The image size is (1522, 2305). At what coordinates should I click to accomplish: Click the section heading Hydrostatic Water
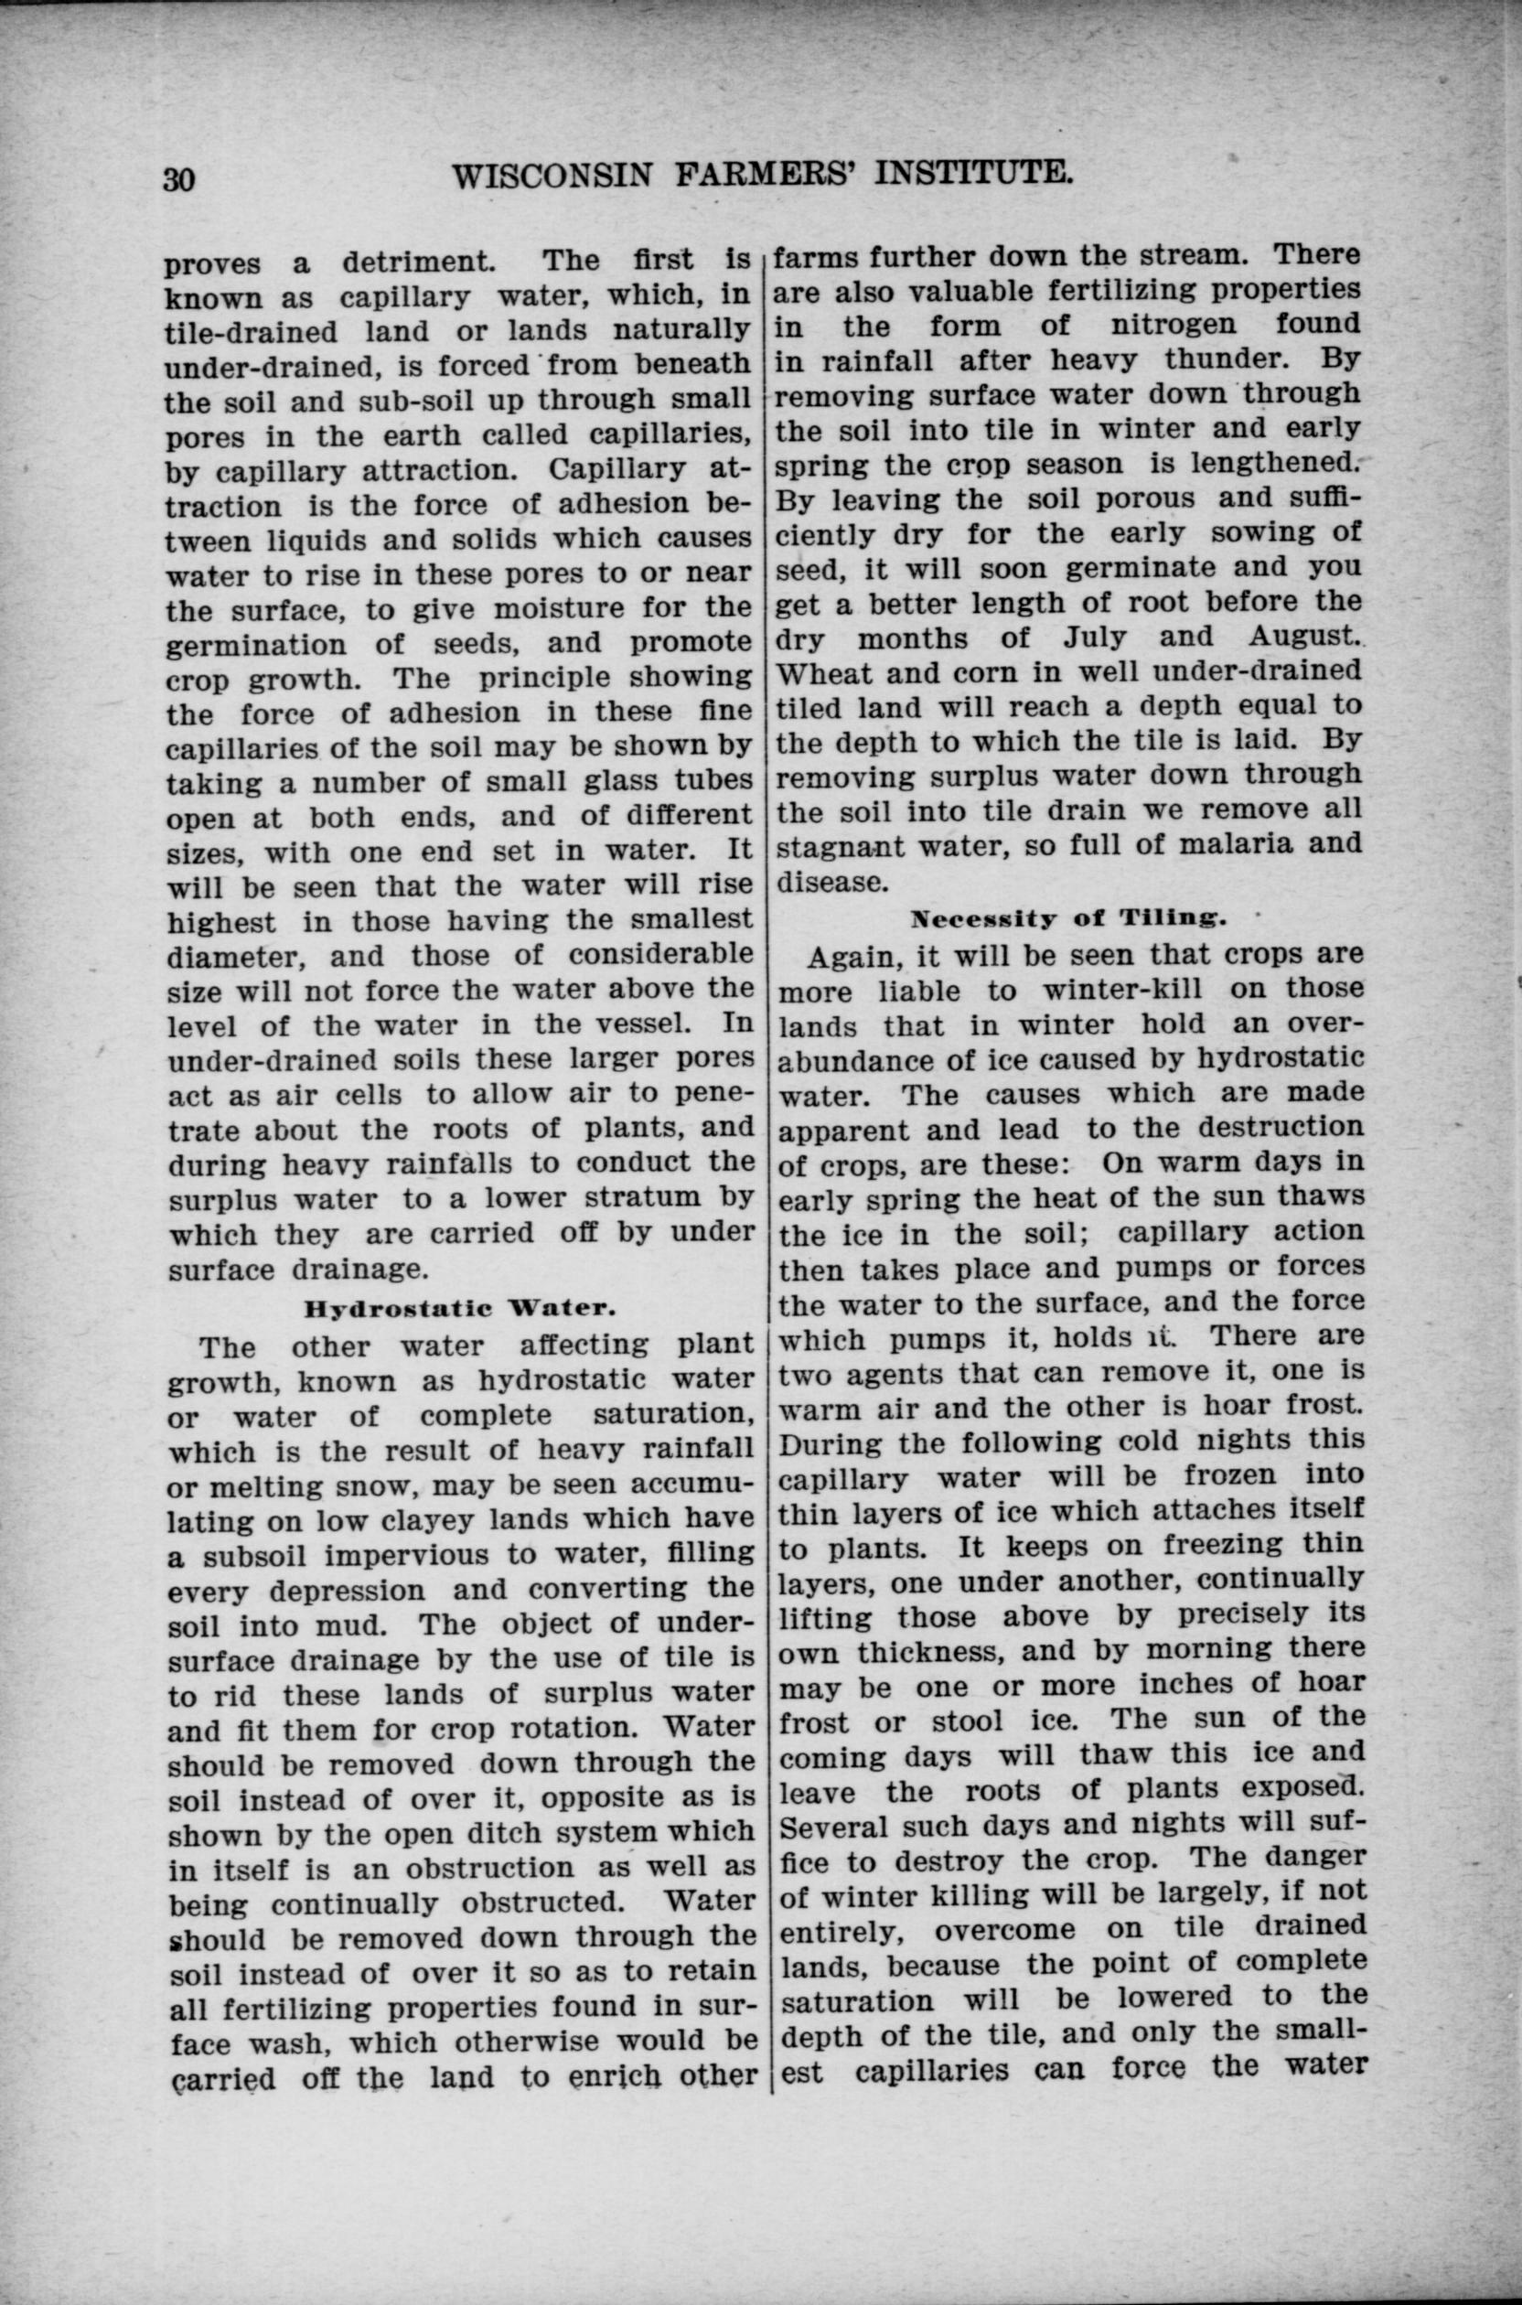(460, 1307)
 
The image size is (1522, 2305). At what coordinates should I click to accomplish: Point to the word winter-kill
(1121, 990)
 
